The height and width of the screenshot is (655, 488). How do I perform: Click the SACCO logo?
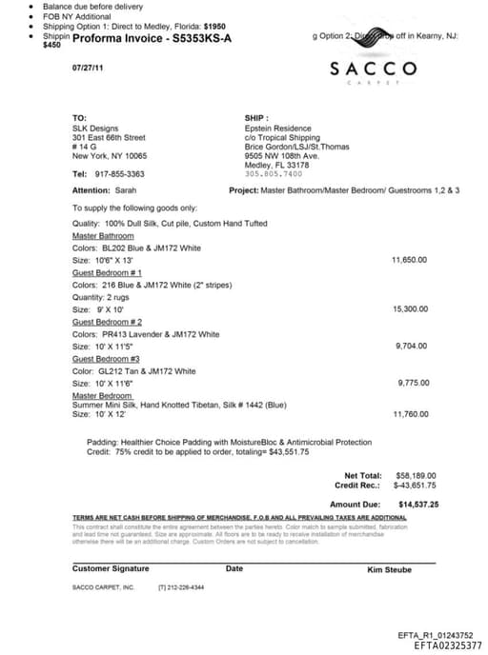[373, 69]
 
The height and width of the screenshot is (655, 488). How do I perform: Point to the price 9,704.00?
[411, 347]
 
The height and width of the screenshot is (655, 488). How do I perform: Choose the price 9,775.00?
[412, 383]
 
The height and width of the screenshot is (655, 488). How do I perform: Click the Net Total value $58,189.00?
[417, 475]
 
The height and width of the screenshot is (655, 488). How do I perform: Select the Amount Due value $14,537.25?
[418, 504]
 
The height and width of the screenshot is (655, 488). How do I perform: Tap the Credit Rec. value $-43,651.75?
[416, 485]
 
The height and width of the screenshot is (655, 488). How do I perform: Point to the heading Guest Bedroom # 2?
[107, 322]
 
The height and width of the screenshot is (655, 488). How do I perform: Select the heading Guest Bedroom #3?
[105, 359]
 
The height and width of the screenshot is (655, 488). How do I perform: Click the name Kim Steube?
[389, 569]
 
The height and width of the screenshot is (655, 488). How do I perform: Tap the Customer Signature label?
[111, 568]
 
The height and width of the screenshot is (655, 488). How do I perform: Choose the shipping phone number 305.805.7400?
[274, 173]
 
